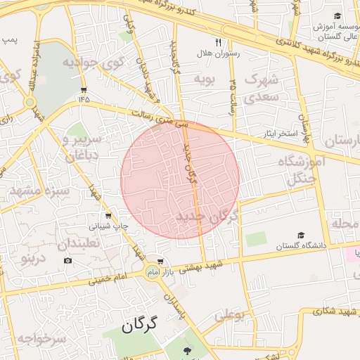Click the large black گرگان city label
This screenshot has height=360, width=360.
[x=147, y=325]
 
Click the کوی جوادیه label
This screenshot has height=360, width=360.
[x=94, y=62]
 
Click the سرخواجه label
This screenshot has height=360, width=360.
[x=41, y=339]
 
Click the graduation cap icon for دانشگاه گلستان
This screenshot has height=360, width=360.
[x=301, y=236]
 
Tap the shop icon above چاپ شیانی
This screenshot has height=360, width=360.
[x=108, y=216]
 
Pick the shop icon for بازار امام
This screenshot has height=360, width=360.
[x=161, y=261]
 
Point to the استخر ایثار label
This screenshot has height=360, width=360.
[x=279, y=133]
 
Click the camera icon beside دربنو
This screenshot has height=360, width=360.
[x=67, y=261]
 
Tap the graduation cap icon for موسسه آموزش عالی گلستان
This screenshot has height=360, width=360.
[x=337, y=16]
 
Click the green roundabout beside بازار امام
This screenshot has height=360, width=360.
[x=152, y=271]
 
